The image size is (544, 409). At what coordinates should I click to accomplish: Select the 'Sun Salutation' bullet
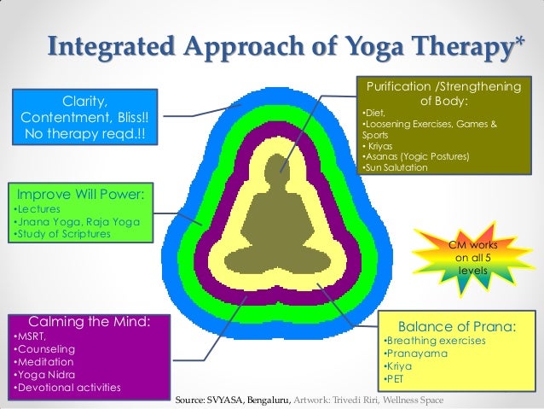(395, 167)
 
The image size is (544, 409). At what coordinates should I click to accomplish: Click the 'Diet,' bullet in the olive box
(373, 113)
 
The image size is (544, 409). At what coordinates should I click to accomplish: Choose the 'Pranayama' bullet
(415, 353)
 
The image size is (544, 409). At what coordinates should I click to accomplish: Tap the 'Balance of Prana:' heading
(457, 327)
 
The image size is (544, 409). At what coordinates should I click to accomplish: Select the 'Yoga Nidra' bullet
(44, 375)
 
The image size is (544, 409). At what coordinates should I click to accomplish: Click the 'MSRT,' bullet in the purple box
(30, 336)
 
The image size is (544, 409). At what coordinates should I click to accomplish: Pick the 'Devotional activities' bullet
(67, 388)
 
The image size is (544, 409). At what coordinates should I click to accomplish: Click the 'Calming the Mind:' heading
(90, 321)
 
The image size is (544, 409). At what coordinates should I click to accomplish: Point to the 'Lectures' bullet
(38, 209)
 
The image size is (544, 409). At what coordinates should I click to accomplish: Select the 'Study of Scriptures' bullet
(62, 234)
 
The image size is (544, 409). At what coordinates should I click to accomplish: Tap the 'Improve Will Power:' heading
(80, 194)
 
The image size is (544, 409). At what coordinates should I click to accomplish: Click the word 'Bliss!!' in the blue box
(133, 118)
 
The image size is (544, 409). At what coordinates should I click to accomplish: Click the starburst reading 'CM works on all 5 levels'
(472, 258)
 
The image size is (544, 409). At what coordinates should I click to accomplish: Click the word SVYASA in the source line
(226, 400)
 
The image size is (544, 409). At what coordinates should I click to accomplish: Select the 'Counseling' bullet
(44, 349)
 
